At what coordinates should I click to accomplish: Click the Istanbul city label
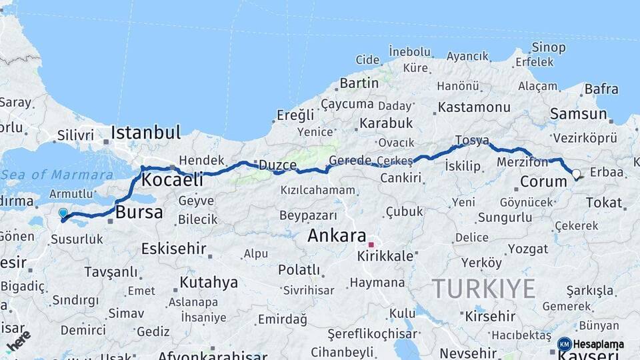pos(145,131)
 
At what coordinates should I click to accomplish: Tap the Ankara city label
pos(337,235)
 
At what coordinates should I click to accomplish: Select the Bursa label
pos(139,213)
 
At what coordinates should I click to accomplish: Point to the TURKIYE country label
pos(483,289)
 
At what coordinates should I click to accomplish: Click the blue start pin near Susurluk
pos(63,214)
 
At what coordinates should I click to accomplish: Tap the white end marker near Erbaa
pos(576,174)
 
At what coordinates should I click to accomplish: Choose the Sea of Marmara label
pos(57,175)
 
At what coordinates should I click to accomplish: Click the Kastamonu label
pos(473,107)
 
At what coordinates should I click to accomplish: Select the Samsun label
pos(578,114)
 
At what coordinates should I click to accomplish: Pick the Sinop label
pos(549,47)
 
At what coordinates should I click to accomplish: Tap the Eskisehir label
pos(173,249)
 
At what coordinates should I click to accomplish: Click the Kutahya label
pos(209,282)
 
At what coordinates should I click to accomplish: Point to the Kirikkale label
pos(386,256)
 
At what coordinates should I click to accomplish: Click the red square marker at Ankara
pos(371,245)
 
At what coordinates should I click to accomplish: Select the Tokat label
pos(603,202)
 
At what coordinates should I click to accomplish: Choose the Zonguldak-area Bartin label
pos(359,83)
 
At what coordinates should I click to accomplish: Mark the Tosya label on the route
pos(472,141)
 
